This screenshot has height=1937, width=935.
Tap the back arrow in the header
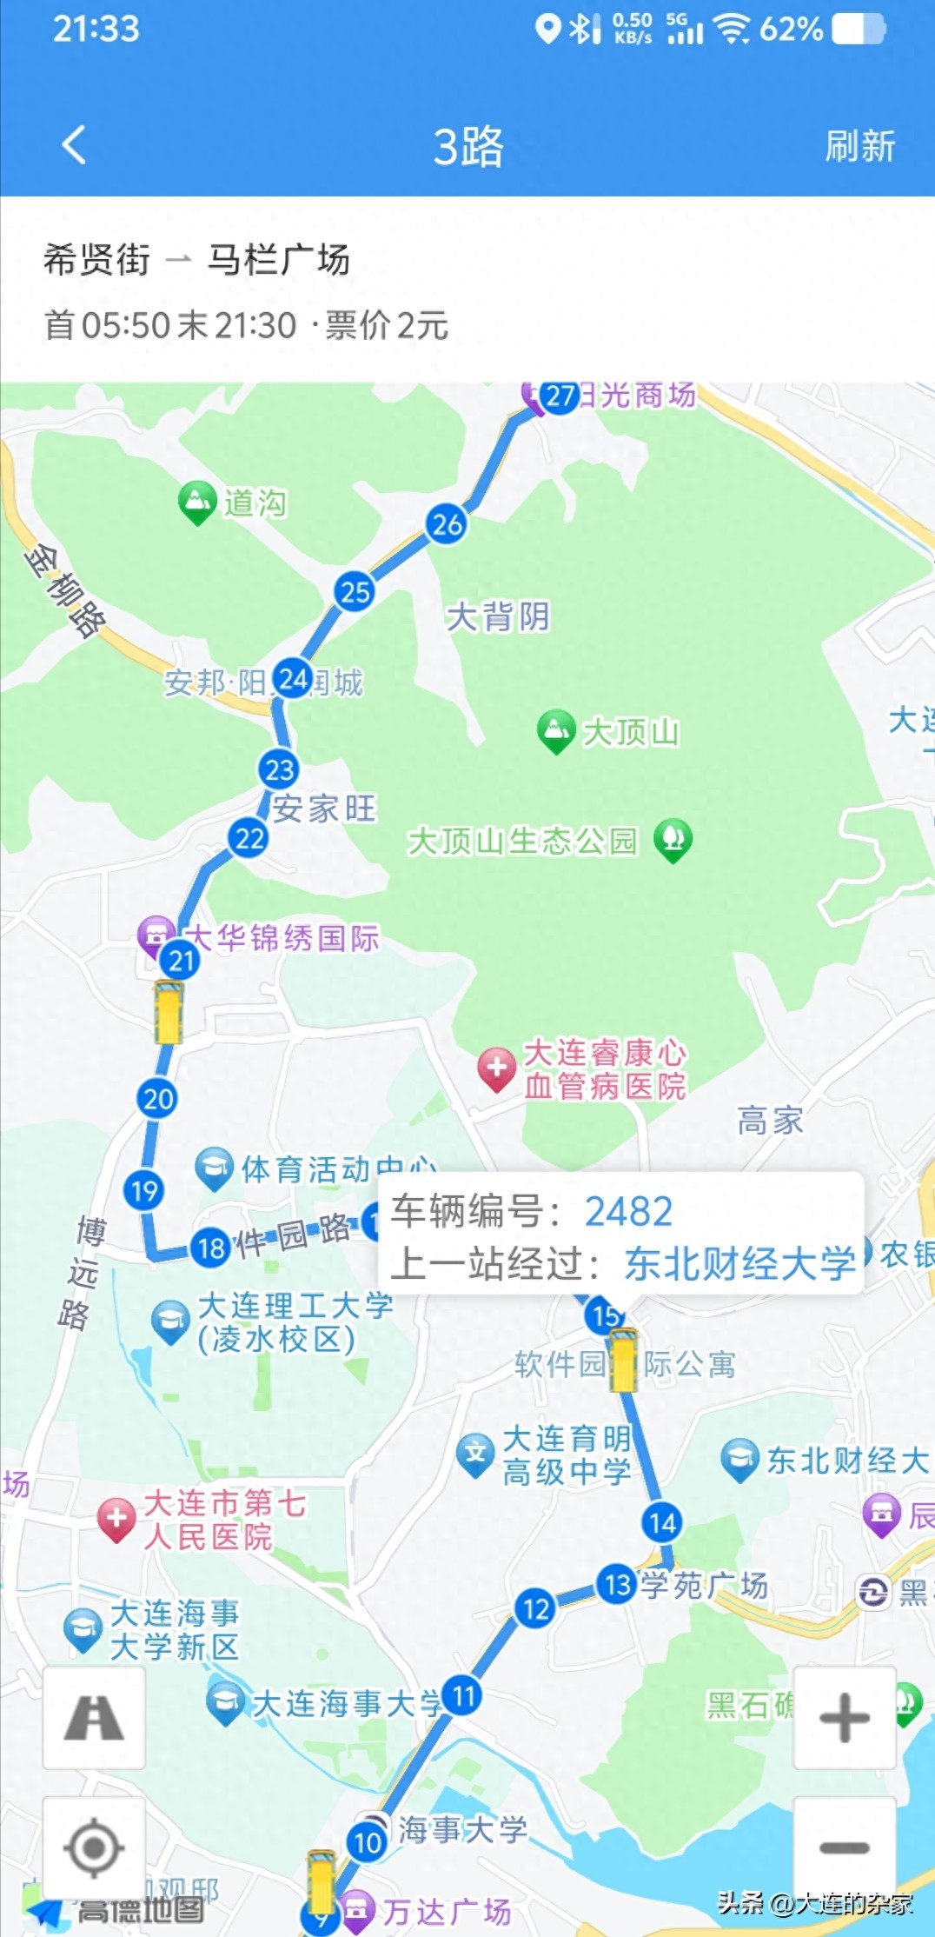[75, 144]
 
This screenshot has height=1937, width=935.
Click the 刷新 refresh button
[859, 146]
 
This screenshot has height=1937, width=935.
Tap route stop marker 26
[447, 524]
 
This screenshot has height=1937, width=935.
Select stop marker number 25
[355, 592]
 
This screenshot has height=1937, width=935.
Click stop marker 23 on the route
[279, 769]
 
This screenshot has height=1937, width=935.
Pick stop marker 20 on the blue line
[157, 1099]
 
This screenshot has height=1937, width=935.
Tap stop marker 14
[662, 1522]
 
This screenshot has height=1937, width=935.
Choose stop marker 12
[535, 1609]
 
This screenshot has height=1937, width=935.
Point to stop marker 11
[462, 1695]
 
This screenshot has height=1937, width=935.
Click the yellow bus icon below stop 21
[169, 1012]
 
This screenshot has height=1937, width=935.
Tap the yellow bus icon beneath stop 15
[623, 1361]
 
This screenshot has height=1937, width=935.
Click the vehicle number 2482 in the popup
[628, 1211]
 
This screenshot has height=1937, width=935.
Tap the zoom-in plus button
[844, 1718]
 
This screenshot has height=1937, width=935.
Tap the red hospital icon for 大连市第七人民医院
[116, 1519]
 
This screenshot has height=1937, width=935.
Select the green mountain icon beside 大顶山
[556, 730]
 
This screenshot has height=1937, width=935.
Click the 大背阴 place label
[498, 616]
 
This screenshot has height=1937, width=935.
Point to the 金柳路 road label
[66, 590]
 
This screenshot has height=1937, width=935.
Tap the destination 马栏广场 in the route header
[278, 260]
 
